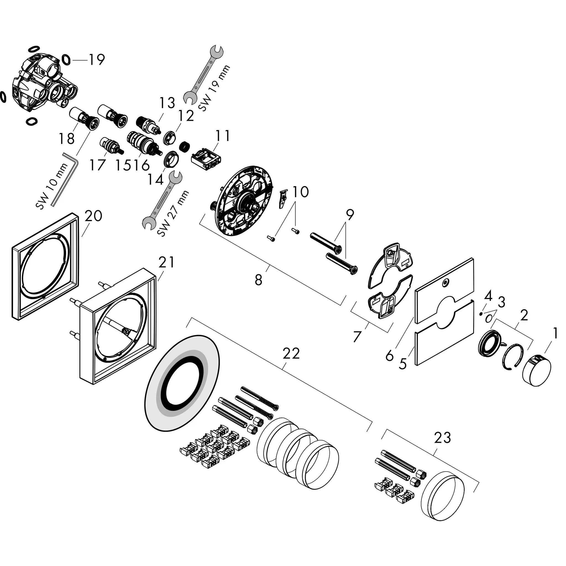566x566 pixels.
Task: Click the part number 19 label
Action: pos(97,60)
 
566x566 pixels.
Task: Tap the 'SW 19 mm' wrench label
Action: pos(214,88)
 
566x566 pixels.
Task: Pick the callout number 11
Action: pos(223,136)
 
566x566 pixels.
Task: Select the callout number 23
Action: pos(442,438)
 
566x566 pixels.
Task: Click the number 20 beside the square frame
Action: pos(93,216)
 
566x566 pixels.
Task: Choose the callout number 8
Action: pos(258,280)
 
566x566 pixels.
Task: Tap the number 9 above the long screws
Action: pos(349,215)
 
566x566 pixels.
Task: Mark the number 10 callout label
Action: pos(301,192)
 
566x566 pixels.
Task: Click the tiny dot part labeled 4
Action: pos(481,314)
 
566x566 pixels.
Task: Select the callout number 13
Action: pos(167,103)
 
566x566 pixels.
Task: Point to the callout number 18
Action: pos(67,138)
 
